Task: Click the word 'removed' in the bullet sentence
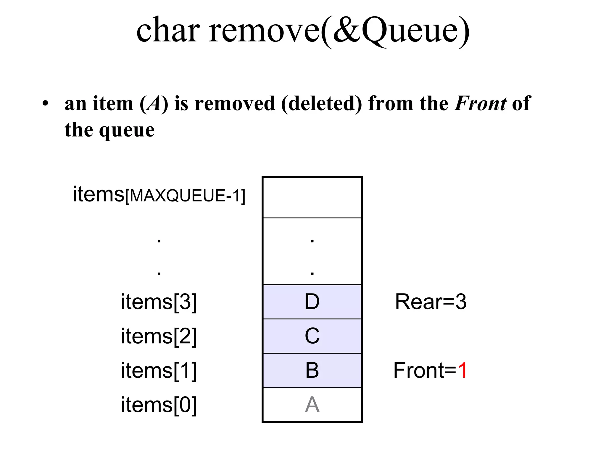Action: tap(235, 103)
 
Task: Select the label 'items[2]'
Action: tap(159, 337)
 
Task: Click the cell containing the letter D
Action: tap(312, 302)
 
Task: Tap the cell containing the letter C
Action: tap(312, 336)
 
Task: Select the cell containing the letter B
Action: tap(312, 370)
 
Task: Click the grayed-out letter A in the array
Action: tap(312, 405)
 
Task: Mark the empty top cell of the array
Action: tap(312, 198)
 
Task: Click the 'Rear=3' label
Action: tap(431, 302)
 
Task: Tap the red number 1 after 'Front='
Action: tap(462, 371)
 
